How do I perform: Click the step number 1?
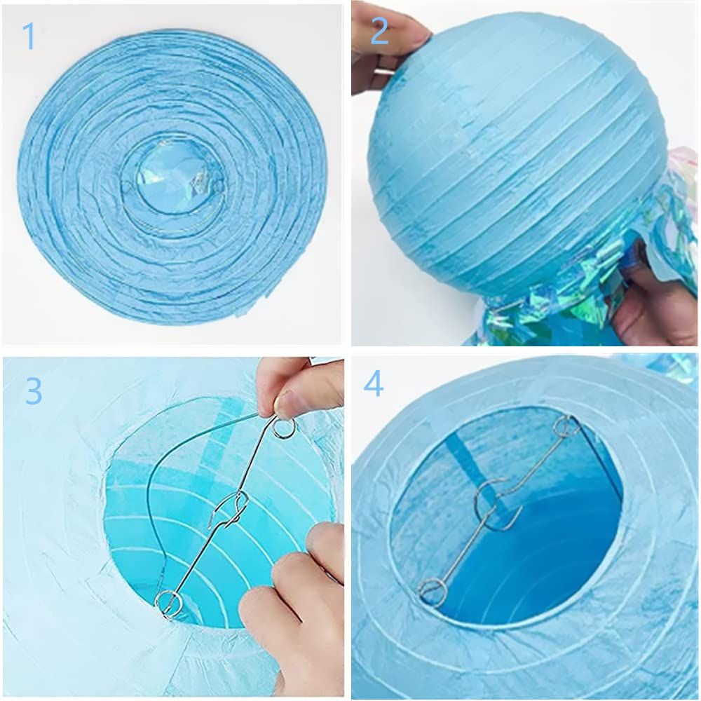point(29,36)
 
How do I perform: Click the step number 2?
point(379,32)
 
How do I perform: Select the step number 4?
point(374,383)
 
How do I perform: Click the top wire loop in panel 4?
point(564,426)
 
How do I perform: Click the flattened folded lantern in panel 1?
point(172,177)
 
